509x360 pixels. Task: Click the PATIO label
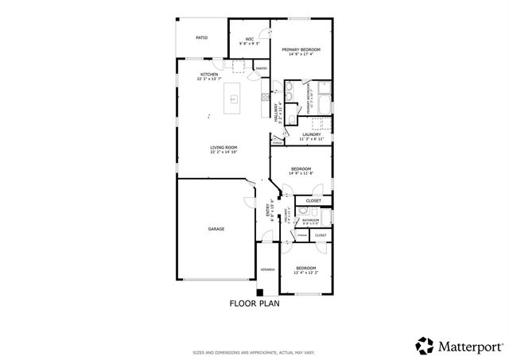tap(202, 37)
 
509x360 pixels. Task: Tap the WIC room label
tap(249, 38)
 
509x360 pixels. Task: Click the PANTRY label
tap(261, 69)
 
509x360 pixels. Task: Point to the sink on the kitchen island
tap(235, 99)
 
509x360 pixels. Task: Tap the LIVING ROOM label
tap(224, 147)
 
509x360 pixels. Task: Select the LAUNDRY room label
tap(311, 134)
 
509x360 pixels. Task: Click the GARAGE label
tap(216, 229)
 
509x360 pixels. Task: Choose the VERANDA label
tap(267, 269)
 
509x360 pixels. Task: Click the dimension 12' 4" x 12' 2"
tap(305, 273)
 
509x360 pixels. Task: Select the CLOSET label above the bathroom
tap(313, 201)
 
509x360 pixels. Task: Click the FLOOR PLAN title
tap(254, 303)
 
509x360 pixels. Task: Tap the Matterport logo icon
tap(425, 345)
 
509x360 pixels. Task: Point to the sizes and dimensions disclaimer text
tap(254, 352)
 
